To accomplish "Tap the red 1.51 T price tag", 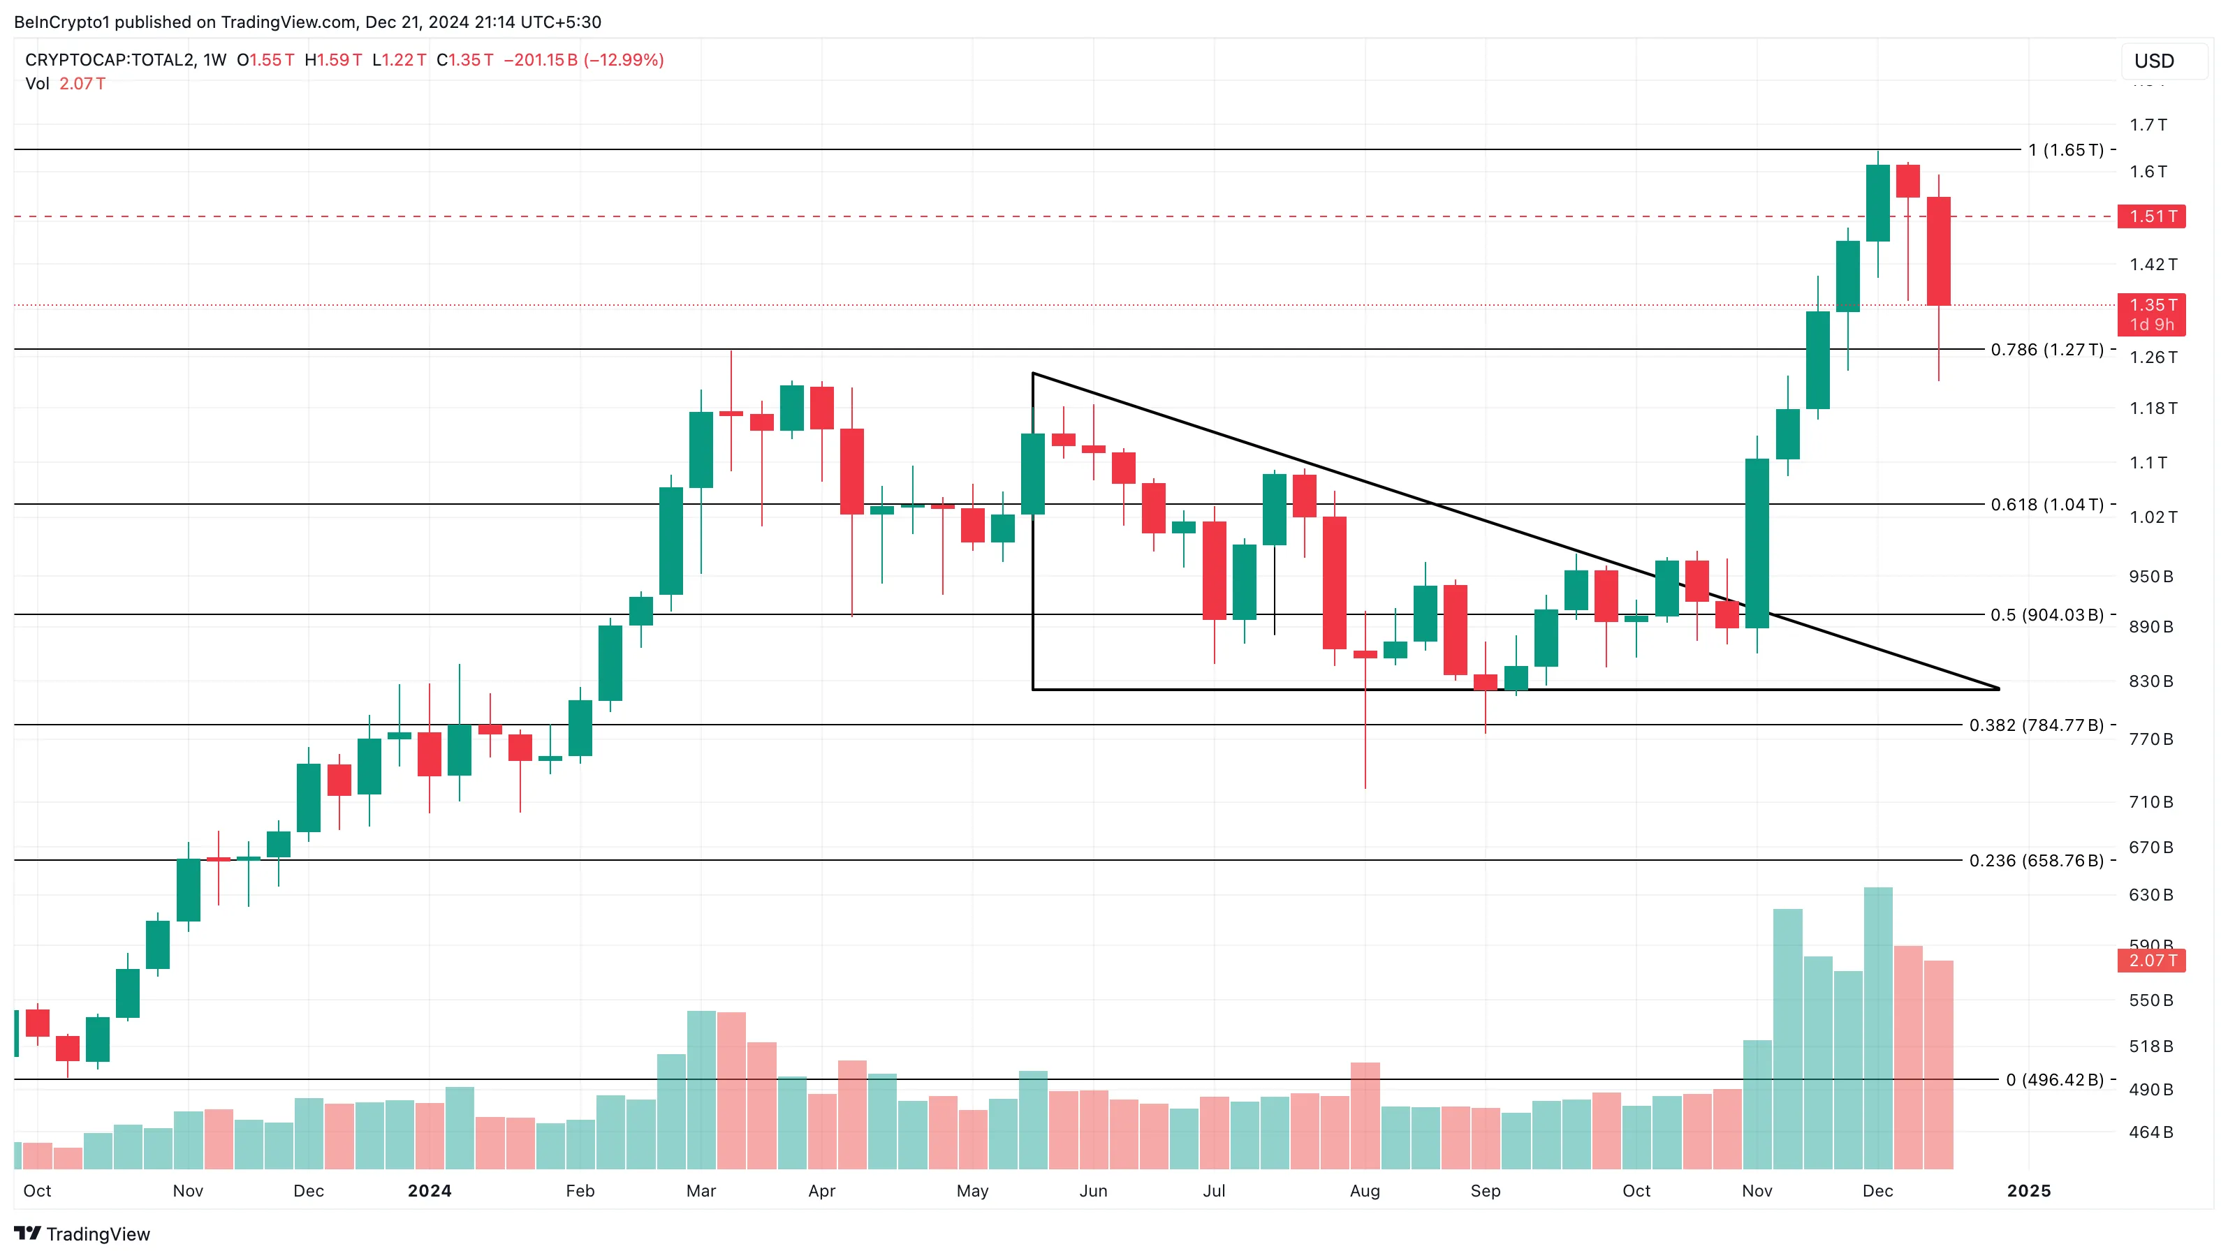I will tap(2151, 216).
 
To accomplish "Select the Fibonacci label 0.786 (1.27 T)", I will tap(2046, 349).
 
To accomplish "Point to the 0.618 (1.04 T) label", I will tap(2046, 504).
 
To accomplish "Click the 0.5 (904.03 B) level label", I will tap(2046, 615).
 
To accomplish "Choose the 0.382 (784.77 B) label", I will tap(2036, 725).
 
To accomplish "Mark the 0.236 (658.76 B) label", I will tap(2036, 860).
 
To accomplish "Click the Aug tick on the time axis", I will tap(1365, 1190).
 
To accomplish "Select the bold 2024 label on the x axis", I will tap(430, 1190).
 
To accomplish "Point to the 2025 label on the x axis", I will tap(2028, 1190).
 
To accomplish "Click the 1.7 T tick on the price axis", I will tap(2148, 124).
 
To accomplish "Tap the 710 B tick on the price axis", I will tap(2150, 801).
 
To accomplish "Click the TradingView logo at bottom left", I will tap(82, 1234).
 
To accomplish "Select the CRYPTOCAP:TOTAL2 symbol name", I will tap(109, 59).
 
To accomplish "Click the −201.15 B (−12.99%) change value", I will tap(584, 59).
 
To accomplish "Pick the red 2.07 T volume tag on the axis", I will tap(2151, 960).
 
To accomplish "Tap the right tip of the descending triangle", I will tap(1998, 688).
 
